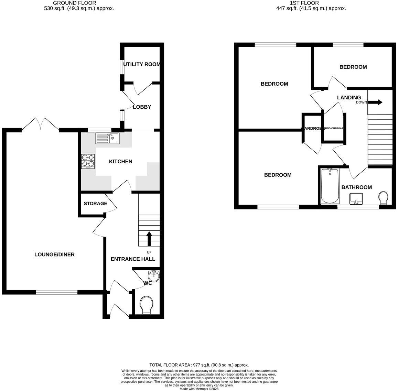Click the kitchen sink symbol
pyautogui.click(x=108, y=138)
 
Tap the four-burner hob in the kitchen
pyautogui.click(x=88, y=161)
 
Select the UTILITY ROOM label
pyautogui.click(x=141, y=64)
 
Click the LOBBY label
pyautogui.click(x=142, y=107)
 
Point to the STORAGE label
pyautogui.click(x=95, y=204)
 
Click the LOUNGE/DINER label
pyautogui.click(x=54, y=254)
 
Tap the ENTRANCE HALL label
pyautogui.click(x=133, y=259)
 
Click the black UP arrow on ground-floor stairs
pyautogui.click(x=149, y=239)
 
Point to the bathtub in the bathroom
pyautogui.click(x=330, y=186)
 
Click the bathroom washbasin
pyautogui.click(x=356, y=199)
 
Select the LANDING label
pyautogui.click(x=349, y=98)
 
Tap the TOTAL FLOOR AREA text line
pyautogui.click(x=199, y=365)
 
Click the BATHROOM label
pyautogui.click(x=356, y=187)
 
